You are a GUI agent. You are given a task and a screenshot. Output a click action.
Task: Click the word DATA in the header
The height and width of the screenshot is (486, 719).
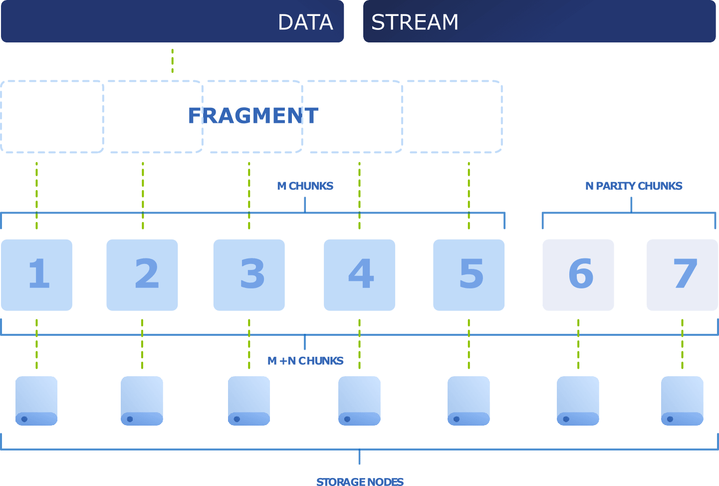pyautogui.click(x=305, y=22)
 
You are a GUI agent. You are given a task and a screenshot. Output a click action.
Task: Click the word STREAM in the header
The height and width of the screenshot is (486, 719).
pyautogui.click(x=415, y=22)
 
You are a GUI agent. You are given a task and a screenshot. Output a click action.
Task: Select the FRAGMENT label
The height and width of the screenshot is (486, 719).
pyautogui.click(x=253, y=116)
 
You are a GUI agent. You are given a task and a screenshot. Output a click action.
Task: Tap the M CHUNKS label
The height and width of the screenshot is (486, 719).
pyautogui.click(x=305, y=186)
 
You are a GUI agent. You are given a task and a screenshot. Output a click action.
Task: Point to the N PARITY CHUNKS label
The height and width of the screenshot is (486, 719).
pyautogui.click(x=634, y=186)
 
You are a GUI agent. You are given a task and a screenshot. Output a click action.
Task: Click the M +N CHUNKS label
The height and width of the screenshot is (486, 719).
pyautogui.click(x=305, y=361)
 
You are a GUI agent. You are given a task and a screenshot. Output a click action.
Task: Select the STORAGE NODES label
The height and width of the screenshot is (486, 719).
pyautogui.click(x=360, y=482)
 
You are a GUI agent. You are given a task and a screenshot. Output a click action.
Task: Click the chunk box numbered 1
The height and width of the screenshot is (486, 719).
pyautogui.click(x=36, y=275)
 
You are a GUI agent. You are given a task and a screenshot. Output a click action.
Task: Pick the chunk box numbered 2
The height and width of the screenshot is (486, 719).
pyautogui.click(x=142, y=275)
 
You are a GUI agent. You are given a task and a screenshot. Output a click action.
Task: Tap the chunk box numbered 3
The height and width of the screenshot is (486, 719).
pyautogui.click(x=249, y=275)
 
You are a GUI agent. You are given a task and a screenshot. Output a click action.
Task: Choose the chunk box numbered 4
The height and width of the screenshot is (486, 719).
pyautogui.click(x=359, y=275)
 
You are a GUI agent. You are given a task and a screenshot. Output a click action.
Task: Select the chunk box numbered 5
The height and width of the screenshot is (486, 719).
pyautogui.click(x=469, y=275)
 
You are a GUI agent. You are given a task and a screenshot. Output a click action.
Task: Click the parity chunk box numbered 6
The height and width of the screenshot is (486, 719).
pyautogui.click(x=578, y=275)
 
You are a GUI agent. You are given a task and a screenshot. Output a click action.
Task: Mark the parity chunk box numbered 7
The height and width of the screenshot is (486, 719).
pyautogui.click(x=682, y=275)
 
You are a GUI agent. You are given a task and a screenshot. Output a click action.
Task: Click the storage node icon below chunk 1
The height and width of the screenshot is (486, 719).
pyautogui.click(x=36, y=401)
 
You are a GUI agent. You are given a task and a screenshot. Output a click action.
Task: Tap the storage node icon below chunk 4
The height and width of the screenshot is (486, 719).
pyautogui.click(x=359, y=401)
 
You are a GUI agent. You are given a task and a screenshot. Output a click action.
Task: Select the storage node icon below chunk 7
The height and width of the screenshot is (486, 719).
pyautogui.click(x=682, y=401)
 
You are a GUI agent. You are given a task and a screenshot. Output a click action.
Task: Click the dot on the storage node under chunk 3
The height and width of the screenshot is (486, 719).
pyautogui.click(x=237, y=419)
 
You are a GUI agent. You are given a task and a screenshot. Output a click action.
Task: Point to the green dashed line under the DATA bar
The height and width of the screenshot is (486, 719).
pyautogui.click(x=173, y=61)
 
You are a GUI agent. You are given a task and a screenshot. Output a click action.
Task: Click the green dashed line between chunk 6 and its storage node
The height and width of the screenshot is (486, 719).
pyautogui.click(x=578, y=344)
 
